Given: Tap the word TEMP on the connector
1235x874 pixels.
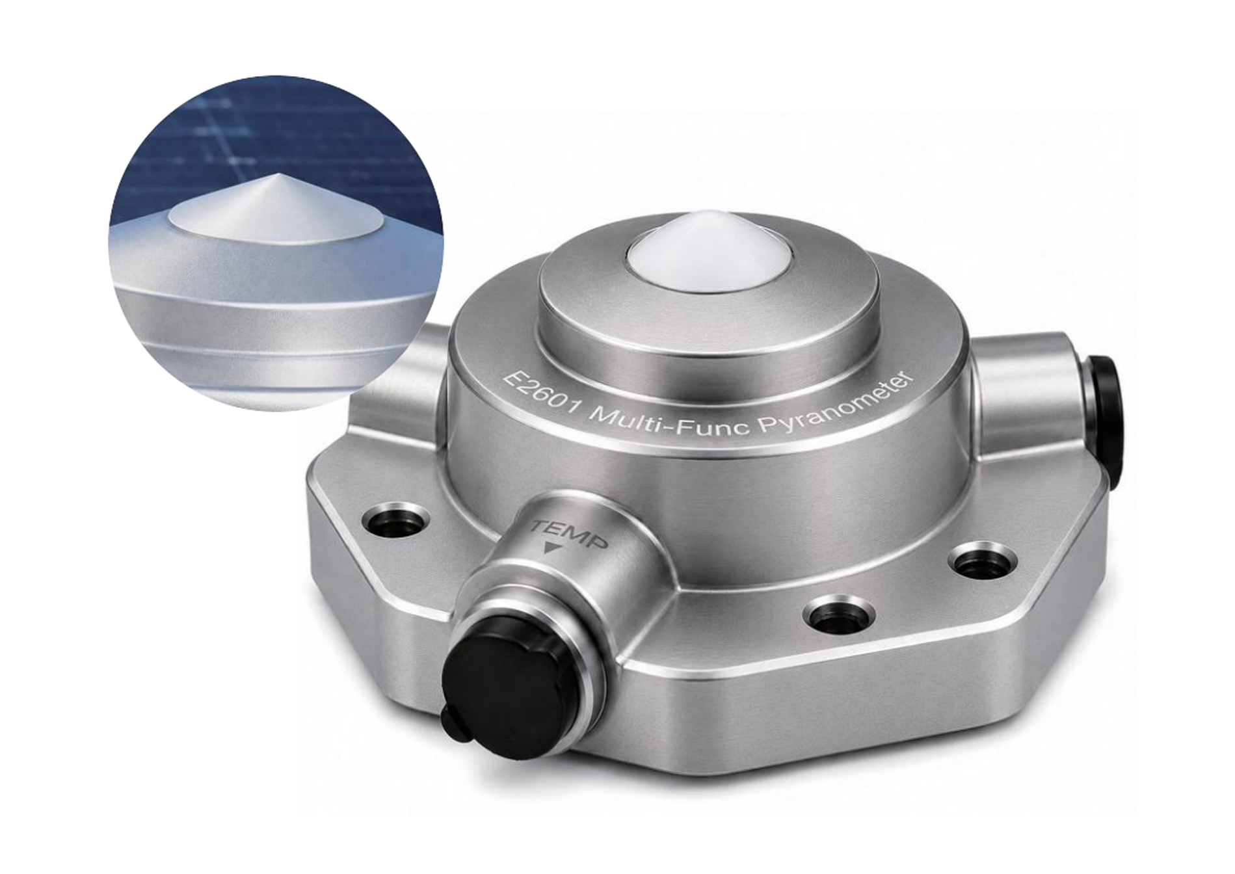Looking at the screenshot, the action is point(570,532).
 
